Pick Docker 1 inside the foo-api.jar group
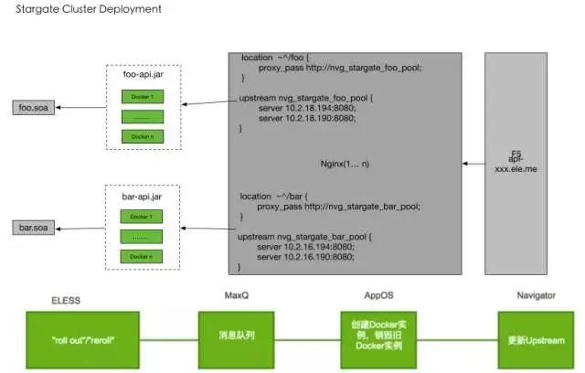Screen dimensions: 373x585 pos(141,97)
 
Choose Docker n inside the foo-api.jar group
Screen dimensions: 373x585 pos(141,136)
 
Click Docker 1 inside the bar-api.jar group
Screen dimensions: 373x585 pos(141,216)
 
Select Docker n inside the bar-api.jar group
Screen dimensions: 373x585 pos(141,256)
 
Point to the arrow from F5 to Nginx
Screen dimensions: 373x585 pos(474,164)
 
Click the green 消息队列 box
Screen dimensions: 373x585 pos(236,335)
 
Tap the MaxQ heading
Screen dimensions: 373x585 pos(236,295)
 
